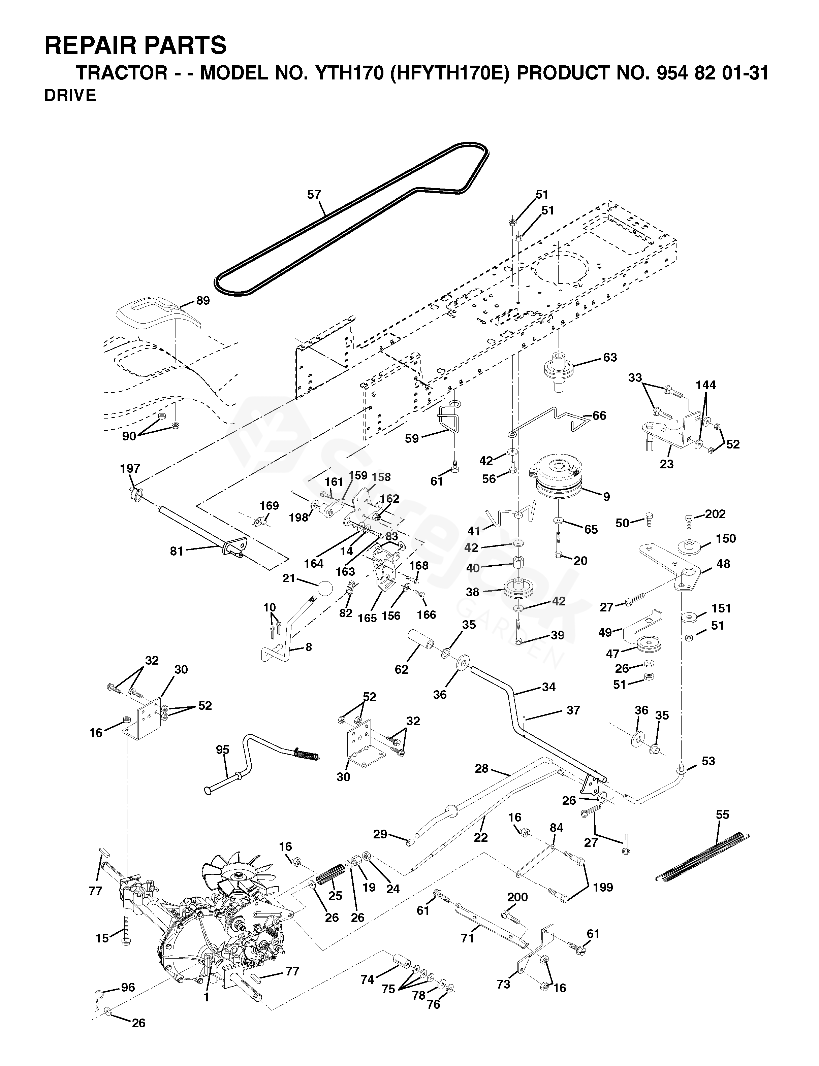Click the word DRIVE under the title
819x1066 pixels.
point(70,96)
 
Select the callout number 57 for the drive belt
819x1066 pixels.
point(314,194)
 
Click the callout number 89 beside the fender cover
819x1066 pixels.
point(203,301)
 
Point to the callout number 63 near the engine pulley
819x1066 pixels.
point(610,357)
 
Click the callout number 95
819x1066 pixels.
point(222,749)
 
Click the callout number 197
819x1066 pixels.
point(130,468)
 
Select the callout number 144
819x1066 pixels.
point(705,385)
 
